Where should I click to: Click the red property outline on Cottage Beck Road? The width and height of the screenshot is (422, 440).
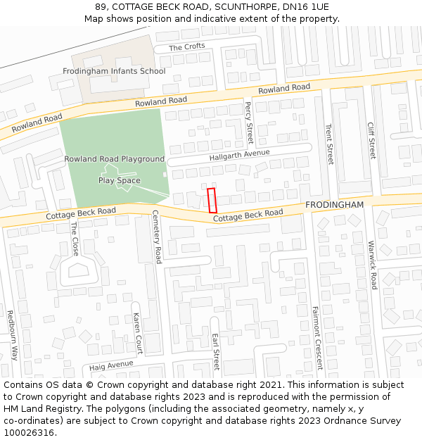(x=212, y=201)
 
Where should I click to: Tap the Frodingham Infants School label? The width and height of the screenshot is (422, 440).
(x=114, y=71)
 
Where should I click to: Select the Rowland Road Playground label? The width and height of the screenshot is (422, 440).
(x=114, y=159)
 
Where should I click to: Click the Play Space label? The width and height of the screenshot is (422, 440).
(x=119, y=180)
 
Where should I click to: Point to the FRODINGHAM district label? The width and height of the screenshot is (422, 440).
(x=335, y=204)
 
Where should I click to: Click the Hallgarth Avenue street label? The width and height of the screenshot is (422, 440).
(x=239, y=156)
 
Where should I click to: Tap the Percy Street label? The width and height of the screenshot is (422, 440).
(x=249, y=122)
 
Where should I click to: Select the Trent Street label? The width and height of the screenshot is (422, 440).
(x=329, y=144)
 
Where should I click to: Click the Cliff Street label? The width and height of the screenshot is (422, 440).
(x=371, y=139)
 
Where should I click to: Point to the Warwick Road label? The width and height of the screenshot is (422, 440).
(x=372, y=265)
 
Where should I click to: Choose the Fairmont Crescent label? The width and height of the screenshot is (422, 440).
(x=317, y=337)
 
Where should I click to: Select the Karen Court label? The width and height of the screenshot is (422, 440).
(x=138, y=334)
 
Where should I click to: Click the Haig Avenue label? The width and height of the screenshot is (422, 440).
(x=111, y=366)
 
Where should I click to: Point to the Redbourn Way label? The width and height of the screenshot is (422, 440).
(x=11, y=335)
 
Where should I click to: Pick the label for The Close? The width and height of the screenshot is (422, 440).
(x=75, y=239)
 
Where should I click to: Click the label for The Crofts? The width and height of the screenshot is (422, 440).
(x=187, y=46)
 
